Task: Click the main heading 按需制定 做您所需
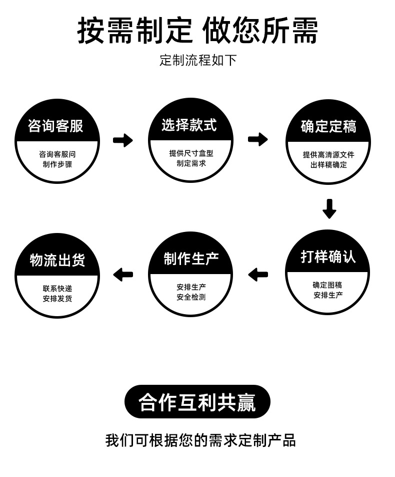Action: [197, 31]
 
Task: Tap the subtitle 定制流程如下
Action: [197, 61]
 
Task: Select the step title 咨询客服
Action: [55, 126]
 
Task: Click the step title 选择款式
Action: [189, 125]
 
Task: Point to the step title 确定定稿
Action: [328, 126]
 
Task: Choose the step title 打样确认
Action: [328, 257]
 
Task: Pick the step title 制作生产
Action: [191, 259]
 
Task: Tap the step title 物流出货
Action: [57, 260]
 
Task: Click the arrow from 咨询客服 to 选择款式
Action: [123, 140]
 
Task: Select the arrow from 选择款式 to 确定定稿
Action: [258, 139]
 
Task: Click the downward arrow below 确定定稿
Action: [329, 208]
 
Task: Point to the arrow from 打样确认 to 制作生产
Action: [258, 275]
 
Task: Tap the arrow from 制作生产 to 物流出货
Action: [123, 275]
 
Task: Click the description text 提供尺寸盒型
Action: [191, 153]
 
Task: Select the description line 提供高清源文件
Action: [328, 155]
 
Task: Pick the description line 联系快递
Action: [57, 289]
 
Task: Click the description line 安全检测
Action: [191, 297]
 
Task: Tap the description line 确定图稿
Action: [328, 285]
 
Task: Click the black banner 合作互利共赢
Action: [197, 402]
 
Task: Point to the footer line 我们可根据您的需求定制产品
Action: [200, 440]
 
